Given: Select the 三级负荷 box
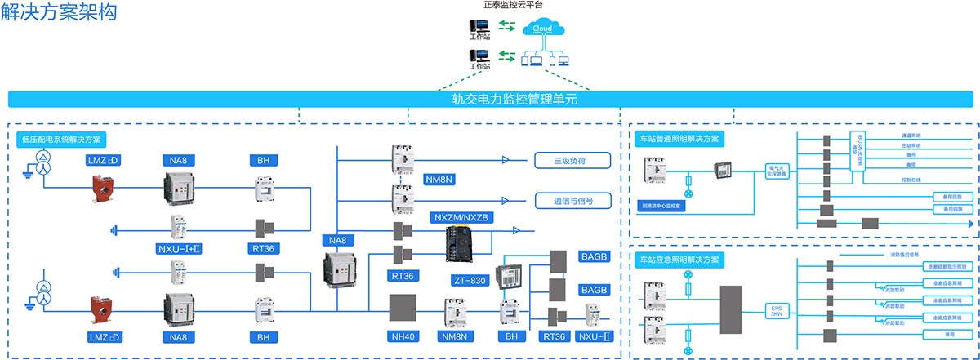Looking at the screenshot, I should (572, 160).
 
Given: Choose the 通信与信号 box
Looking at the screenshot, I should (572, 200).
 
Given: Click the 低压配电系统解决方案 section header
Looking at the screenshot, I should (65, 140).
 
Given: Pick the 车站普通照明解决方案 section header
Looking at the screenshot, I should (679, 139).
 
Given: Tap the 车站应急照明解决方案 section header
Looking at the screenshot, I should (679, 260).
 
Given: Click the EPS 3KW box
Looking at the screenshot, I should (776, 311).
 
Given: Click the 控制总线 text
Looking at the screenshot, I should (911, 179).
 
